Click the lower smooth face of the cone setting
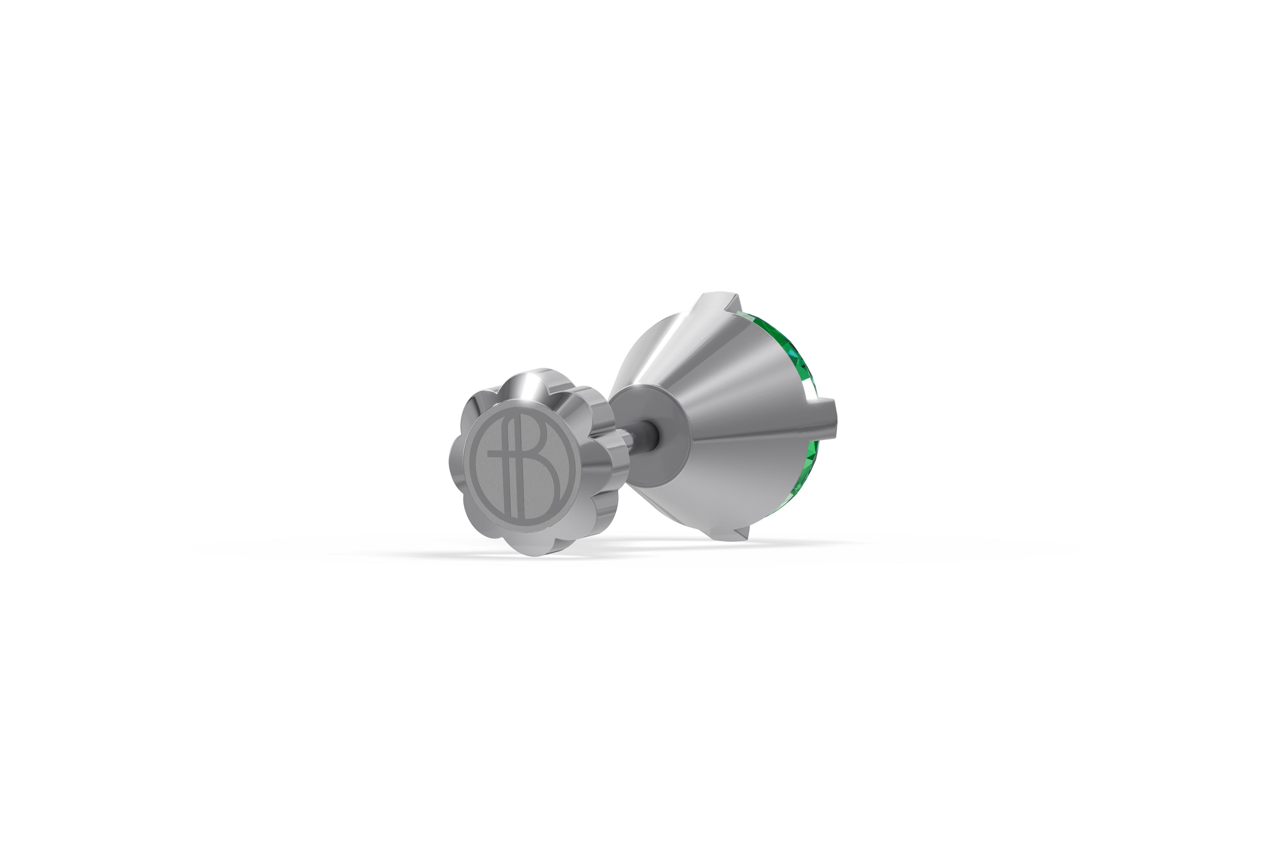[x=718, y=486]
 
